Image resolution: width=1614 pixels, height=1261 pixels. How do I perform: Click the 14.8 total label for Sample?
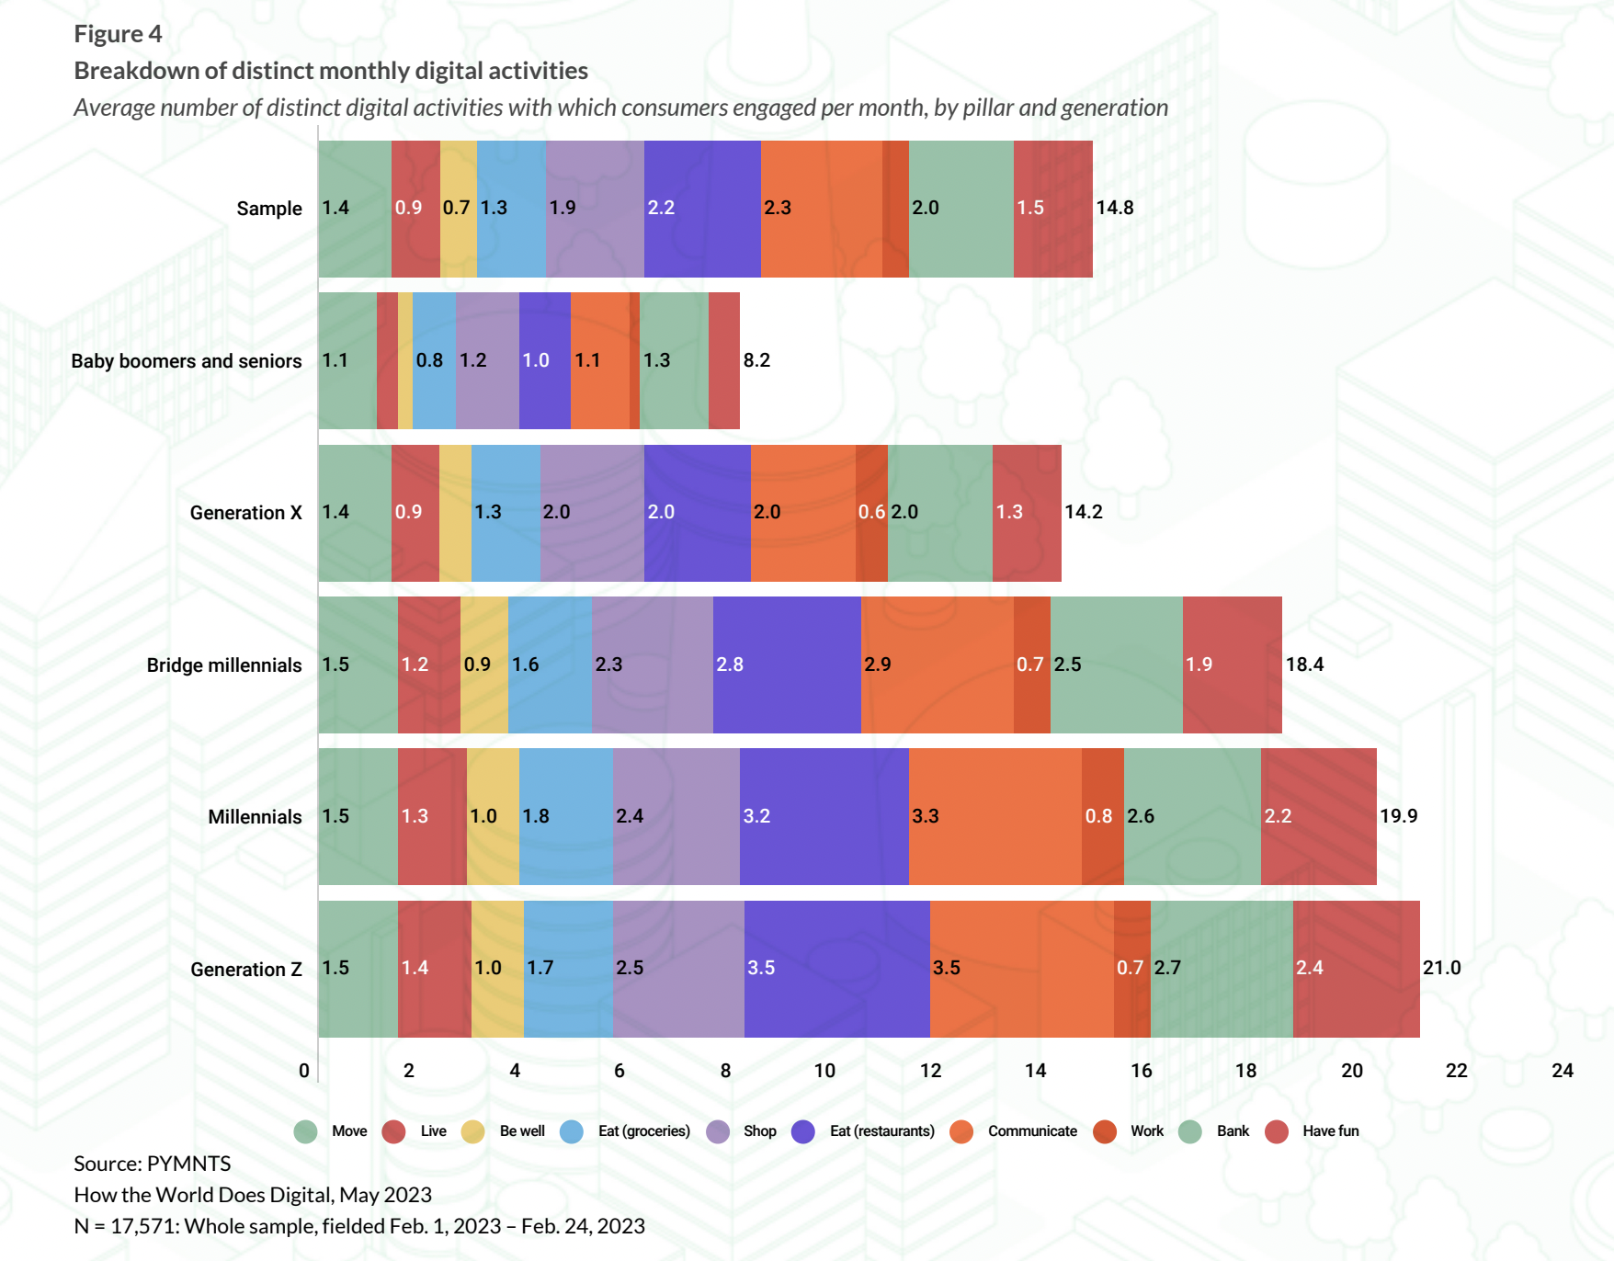pos(1114,208)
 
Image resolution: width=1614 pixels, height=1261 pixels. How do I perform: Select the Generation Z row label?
pos(245,969)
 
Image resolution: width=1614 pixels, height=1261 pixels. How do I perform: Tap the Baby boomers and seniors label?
pos(186,361)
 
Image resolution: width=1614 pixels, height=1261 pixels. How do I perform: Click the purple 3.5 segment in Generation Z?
pos(836,969)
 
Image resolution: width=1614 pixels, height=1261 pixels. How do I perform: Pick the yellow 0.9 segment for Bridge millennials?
pos(483,665)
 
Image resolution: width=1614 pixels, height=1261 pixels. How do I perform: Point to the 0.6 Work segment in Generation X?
pos(871,513)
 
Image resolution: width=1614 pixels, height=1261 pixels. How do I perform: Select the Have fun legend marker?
pos(1277,1131)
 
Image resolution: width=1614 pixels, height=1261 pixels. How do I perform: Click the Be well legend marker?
pos(473,1131)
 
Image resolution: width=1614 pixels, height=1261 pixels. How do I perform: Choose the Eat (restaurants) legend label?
pos(881,1131)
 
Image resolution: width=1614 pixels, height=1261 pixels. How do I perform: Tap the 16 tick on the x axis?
pos(1141,1071)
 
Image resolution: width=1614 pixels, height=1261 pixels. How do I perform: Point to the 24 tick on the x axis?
pos(1562,1071)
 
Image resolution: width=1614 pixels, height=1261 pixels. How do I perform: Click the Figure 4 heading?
pos(118,34)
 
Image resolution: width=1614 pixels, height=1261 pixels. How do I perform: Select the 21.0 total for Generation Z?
pos(1441,968)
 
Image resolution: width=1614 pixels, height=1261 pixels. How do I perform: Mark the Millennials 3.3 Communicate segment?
pos(995,816)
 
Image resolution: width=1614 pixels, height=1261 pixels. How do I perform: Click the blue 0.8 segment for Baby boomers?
pos(434,361)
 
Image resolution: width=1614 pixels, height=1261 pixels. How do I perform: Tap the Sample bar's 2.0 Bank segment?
pos(960,209)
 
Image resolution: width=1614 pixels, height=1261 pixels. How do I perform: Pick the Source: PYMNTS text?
pos(153,1164)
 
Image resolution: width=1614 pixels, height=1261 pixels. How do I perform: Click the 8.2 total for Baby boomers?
pos(756,360)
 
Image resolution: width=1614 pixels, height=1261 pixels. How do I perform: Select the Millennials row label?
pos(255,817)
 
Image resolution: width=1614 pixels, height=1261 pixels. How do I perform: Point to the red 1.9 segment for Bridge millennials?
pos(1232,665)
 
